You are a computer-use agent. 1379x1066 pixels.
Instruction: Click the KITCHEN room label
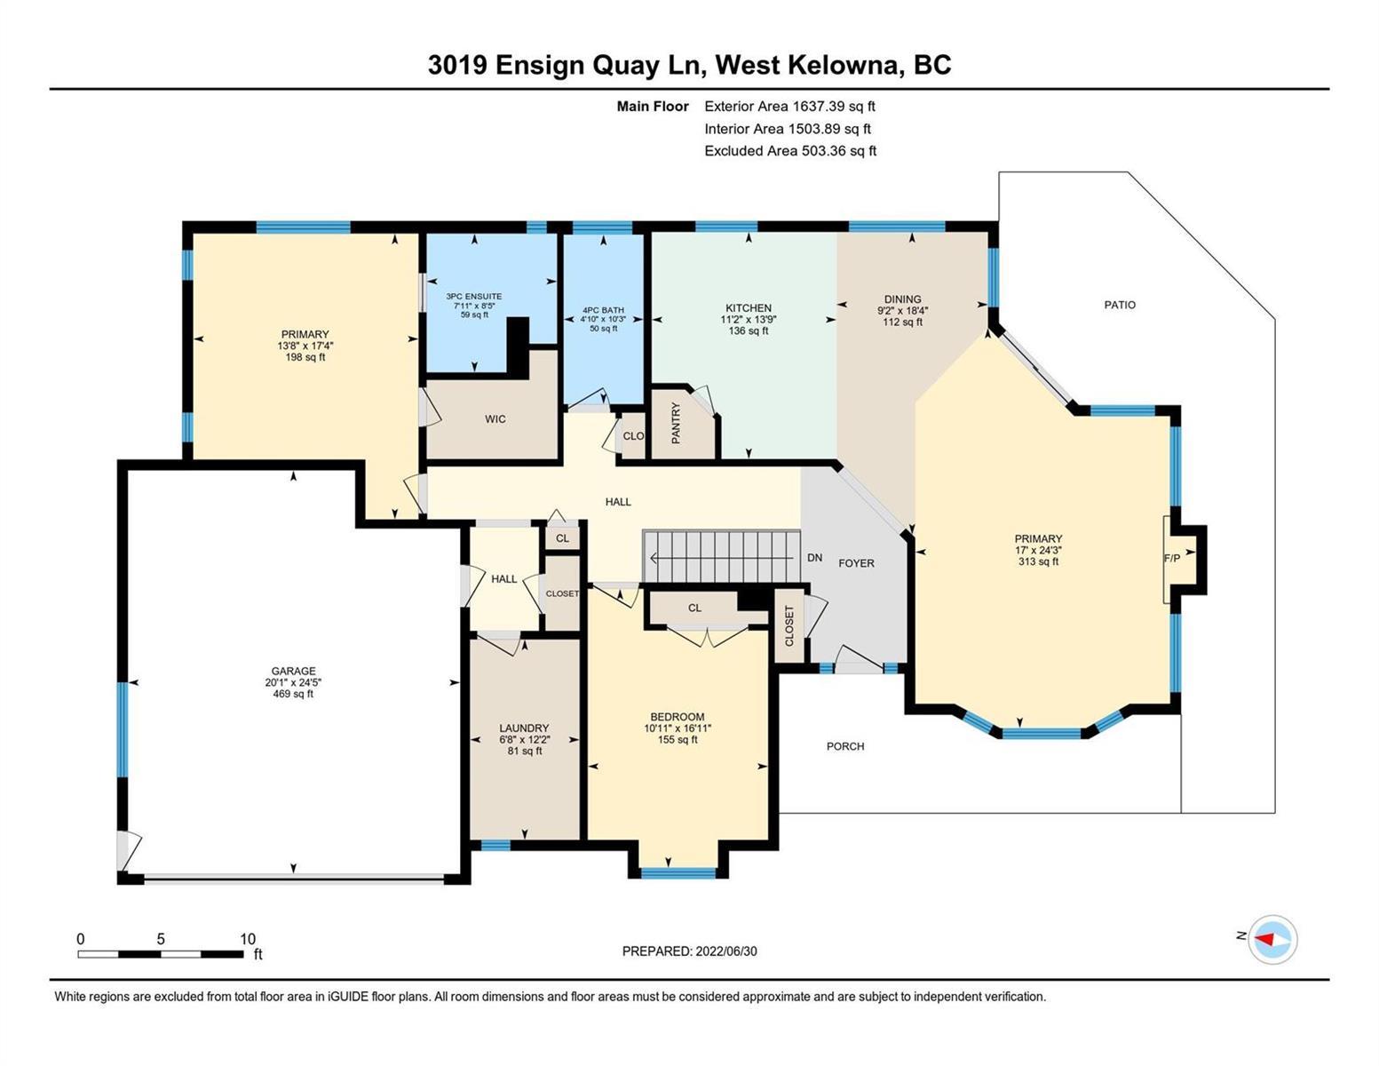click(x=749, y=308)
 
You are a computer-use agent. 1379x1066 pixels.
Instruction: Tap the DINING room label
click(x=902, y=299)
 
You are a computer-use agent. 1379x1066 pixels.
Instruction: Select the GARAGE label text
click(x=293, y=671)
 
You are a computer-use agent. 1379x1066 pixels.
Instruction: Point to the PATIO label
click(x=1120, y=305)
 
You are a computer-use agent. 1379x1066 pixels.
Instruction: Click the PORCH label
click(x=844, y=746)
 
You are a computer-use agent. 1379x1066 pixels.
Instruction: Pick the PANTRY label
click(x=676, y=423)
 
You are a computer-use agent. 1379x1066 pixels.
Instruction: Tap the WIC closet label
click(x=495, y=419)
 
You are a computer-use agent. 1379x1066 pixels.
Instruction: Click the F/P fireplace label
click(x=1171, y=558)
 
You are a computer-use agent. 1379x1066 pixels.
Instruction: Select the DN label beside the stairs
click(x=815, y=558)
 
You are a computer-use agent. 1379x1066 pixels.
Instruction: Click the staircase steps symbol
click(x=722, y=557)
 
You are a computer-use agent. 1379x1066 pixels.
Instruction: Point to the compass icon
click(x=1272, y=940)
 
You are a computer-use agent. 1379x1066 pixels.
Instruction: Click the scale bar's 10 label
click(x=248, y=939)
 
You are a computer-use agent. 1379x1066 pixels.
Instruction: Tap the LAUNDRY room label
click(x=524, y=728)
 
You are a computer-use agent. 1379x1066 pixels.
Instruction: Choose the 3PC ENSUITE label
click(x=473, y=297)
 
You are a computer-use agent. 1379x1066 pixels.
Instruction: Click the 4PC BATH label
click(x=603, y=310)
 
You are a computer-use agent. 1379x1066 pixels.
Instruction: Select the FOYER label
click(x=856, y=563)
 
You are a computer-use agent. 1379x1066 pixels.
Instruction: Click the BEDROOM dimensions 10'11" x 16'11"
click(x=678, y=728)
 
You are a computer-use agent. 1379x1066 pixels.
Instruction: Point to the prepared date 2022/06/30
click(x=726, y=951)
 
